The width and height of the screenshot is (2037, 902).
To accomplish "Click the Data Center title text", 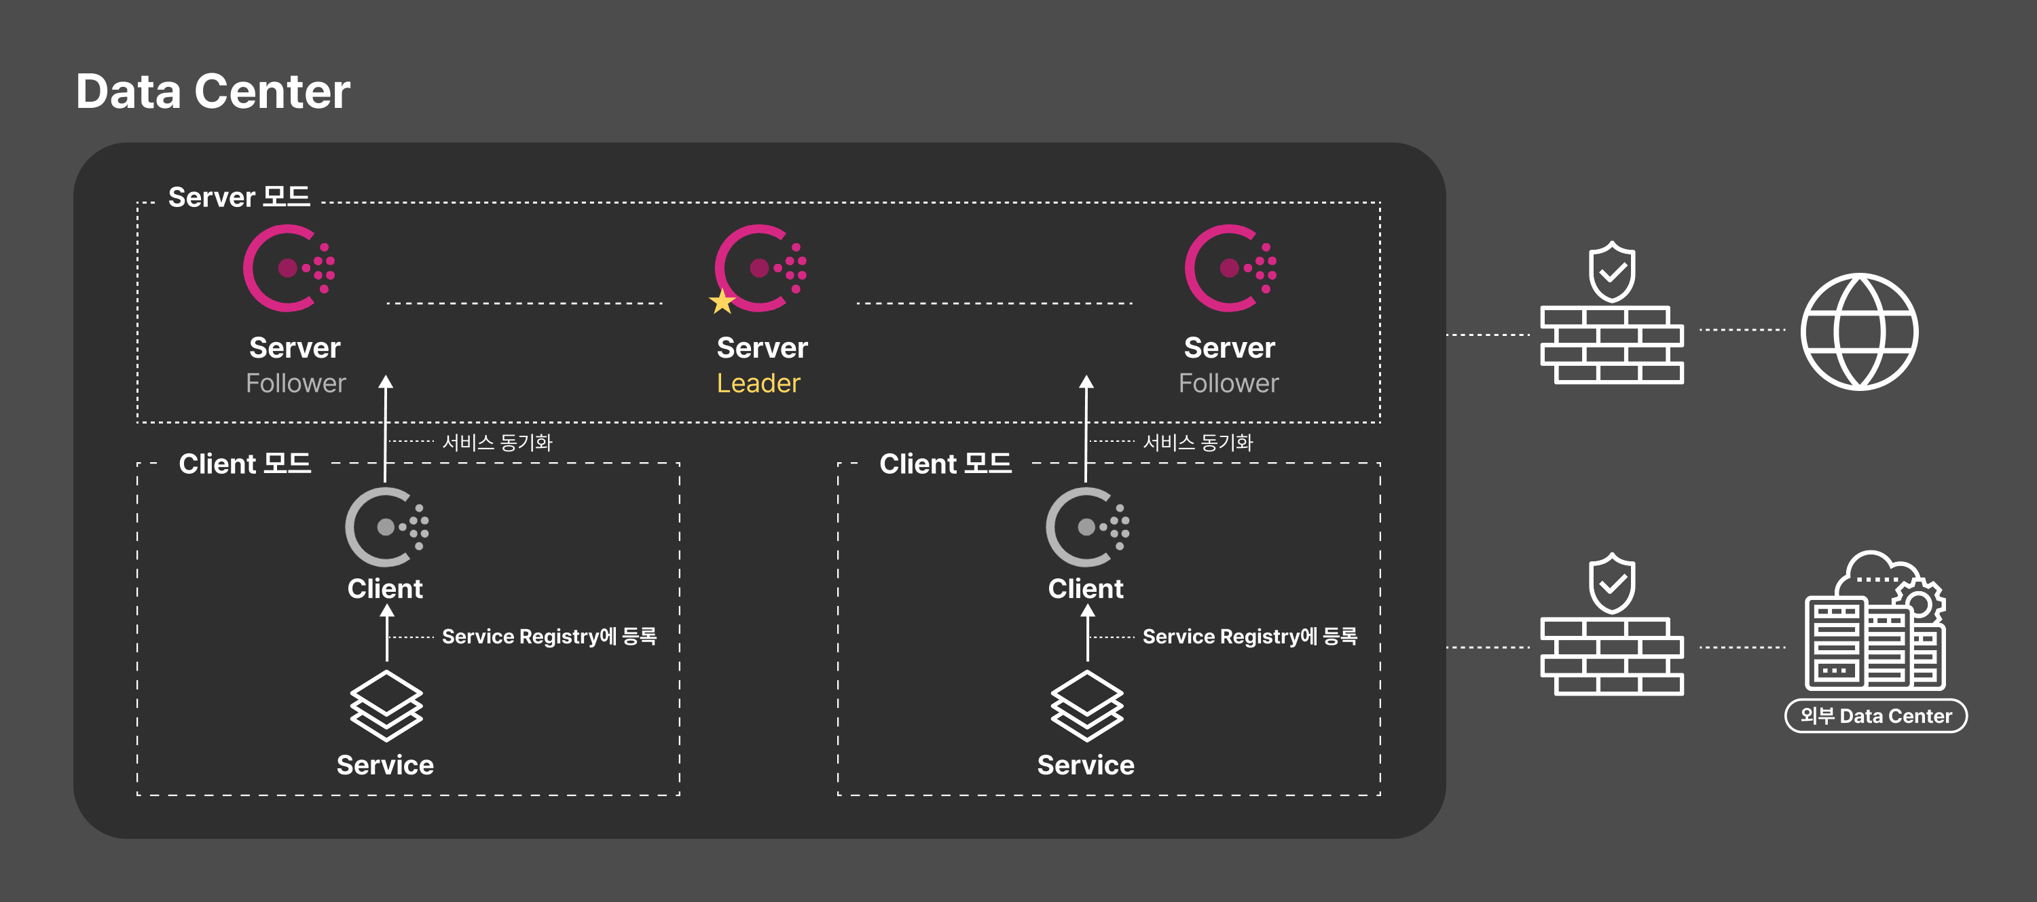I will tap(213, 92).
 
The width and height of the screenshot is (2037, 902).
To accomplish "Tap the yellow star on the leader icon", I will tap(721, 301).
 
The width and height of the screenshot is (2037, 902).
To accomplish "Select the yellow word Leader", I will tap(758, 383).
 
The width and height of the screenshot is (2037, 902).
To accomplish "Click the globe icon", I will tap(1858, 331).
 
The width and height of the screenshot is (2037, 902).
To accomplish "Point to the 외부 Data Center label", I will tap(1875, 716).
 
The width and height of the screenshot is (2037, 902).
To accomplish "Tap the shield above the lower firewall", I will tap(1611, 584).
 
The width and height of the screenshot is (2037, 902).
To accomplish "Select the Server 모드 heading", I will tap(239, 197).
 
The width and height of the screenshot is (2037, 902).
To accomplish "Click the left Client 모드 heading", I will tap(244, 464).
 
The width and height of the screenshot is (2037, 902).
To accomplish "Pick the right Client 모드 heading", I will tap(945, 464).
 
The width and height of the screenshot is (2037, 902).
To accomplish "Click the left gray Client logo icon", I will tap(386, 527).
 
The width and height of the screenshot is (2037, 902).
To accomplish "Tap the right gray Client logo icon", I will tap(1086, 527).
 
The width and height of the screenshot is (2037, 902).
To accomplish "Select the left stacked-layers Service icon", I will tap(386, 705).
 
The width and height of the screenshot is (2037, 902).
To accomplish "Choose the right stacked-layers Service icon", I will tap(1086, 705).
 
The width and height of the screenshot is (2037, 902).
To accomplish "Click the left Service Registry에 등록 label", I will tap(549, 637).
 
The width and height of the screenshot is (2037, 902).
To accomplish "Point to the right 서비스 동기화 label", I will tap(1197, 443).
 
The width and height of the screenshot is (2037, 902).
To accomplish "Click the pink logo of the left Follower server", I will tap(289, 268).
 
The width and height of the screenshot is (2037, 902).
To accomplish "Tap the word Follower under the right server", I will tap(1228, 383).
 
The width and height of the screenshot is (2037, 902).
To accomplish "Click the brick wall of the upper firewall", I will tap(1611, 345).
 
